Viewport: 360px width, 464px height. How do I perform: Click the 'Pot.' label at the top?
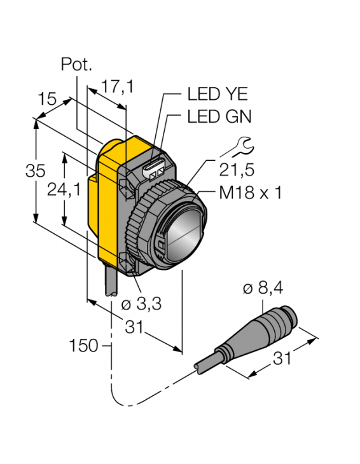click(x=76, y=64)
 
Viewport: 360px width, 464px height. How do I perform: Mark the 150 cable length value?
click(x=85, y=346)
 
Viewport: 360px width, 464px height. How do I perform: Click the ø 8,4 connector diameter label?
click(x=263, y=290)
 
